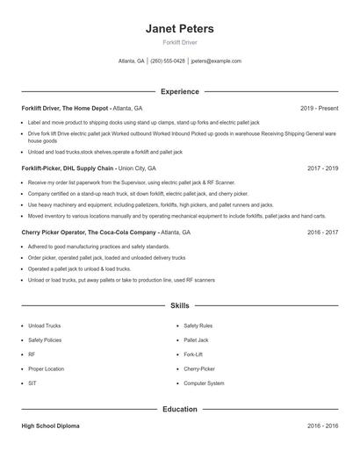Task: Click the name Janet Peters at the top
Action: point(179,29)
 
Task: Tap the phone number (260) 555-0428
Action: point(168,61)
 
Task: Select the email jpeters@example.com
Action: point(215,61)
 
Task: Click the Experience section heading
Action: point(179,91)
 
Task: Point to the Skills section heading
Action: point(179,305)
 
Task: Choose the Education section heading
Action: point(179,409)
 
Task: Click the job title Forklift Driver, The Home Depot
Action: point(66,108)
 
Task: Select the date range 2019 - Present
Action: point(319,108)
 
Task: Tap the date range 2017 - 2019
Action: point(322,167)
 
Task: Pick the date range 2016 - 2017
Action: point(322,232)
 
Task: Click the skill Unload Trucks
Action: point(44,325)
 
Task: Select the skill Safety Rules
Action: point(198,325)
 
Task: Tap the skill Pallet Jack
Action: point(196,340)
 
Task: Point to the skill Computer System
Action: point(204,383)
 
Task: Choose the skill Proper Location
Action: point(46,369)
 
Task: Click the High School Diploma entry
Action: point(50,426)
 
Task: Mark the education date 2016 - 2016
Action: point(322,426)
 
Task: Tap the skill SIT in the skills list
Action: point(32,383)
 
